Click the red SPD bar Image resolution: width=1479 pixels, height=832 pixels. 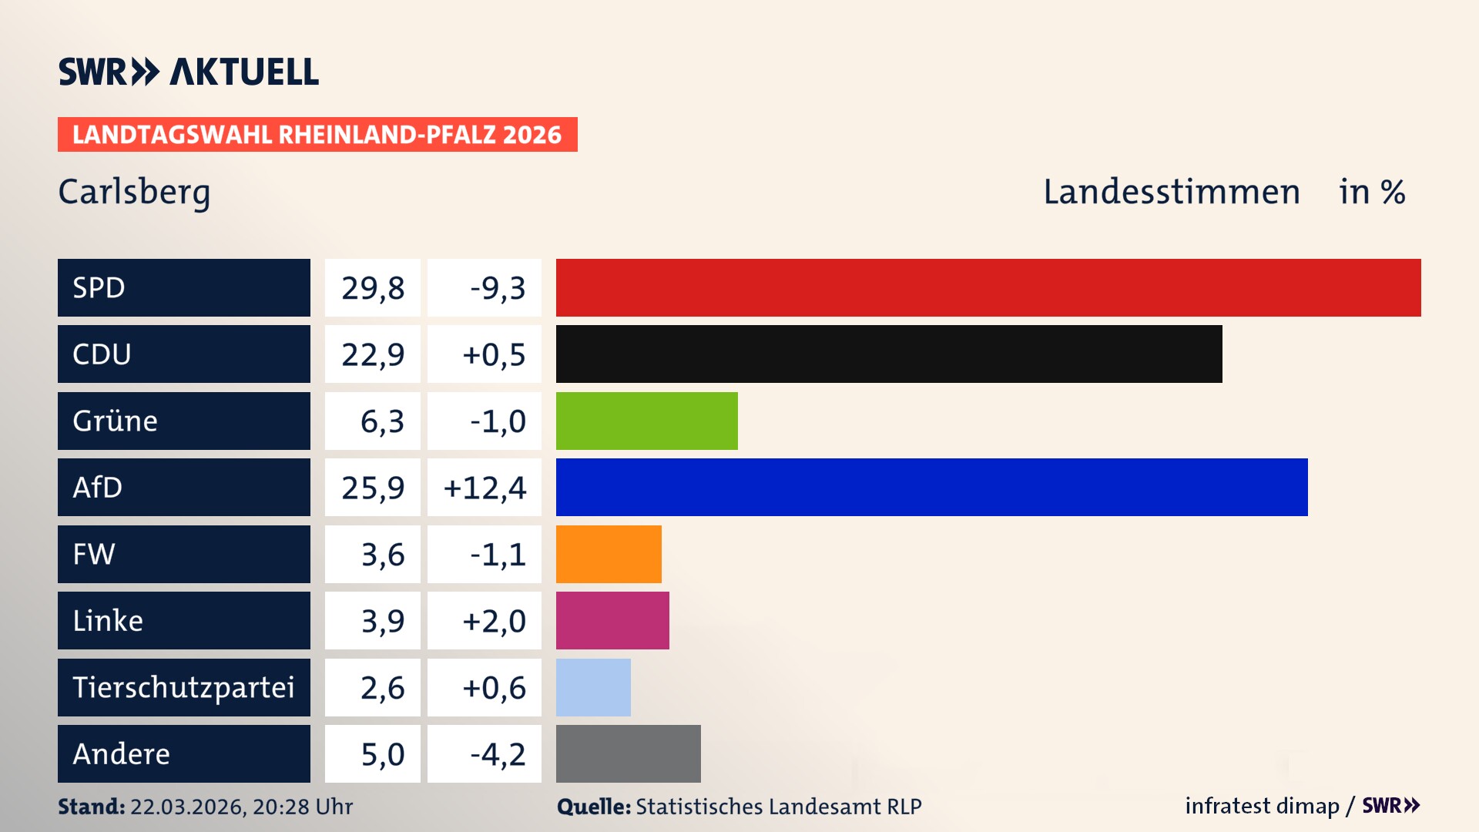click(x=988, y=287)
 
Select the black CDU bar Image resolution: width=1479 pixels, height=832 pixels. click(x=889, y=354)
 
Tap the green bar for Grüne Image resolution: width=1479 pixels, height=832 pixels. click(x=646, y=421)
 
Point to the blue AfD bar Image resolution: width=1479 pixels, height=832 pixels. click(x=931, y=487)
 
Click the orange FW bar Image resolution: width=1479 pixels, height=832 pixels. click(x=609, y=554)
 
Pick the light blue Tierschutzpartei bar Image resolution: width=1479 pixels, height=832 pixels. click(x=593, y=687)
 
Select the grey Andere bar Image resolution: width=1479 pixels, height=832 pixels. click(x=628, y=753)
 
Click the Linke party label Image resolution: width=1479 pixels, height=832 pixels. click(x=108, y=621)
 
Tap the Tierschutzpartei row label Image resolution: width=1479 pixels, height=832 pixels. click(x=183, y=687)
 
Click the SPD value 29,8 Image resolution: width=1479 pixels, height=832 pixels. click(x=373, y=288)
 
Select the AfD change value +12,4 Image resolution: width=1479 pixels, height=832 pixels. click(x=485, y=488)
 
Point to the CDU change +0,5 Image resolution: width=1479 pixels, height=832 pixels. click(x=493, y=354)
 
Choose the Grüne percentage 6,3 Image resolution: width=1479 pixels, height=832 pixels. click(x=382, y=421)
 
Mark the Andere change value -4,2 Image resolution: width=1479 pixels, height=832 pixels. click(x=498, y=754)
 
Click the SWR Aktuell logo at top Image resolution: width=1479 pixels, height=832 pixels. click(x=189, y=72)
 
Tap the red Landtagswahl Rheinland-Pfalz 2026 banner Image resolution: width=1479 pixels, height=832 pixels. click(x=317, y=135)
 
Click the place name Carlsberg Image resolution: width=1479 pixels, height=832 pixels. click(x=134, y=192)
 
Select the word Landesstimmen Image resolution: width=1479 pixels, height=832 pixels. click(x=1171, y=192)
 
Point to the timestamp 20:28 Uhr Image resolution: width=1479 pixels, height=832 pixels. click(x=302, y=807)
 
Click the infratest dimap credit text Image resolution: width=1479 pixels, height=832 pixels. click(x=1261, y=806)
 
